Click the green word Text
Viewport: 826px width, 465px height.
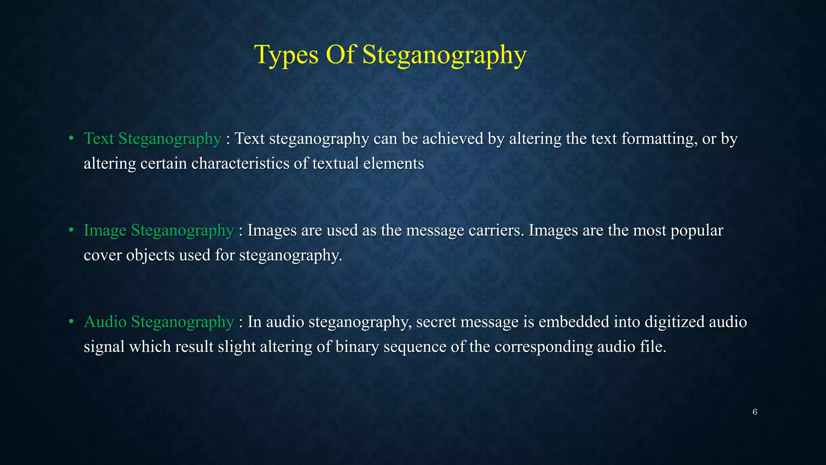99,138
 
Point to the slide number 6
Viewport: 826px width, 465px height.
755,412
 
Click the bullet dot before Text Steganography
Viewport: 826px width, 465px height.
71,138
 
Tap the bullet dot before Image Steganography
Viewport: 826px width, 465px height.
71,230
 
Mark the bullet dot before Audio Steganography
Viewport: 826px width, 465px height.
71,322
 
